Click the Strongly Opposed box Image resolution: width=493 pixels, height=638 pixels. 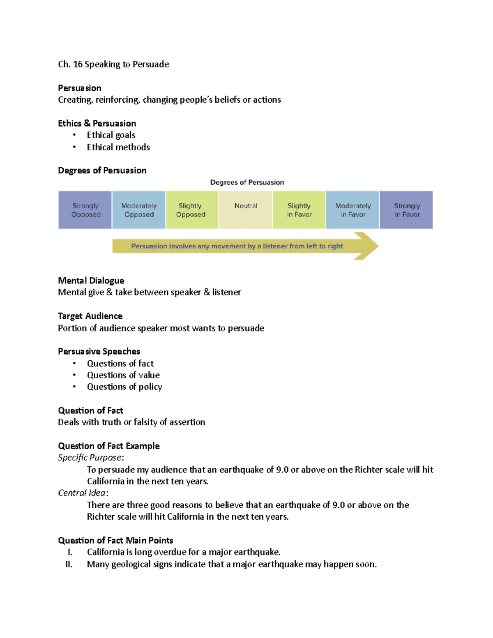tap(85, 210)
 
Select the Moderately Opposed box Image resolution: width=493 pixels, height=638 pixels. tap(139, 210)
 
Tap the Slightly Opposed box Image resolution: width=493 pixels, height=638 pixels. tap(192, 210)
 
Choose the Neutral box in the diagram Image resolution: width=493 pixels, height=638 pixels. tap(245, 210)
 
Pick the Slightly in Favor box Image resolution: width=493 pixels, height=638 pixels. tap(299, 210)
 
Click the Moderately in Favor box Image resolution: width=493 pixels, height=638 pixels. tap(352, 210)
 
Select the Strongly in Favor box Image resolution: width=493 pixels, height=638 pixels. tap(406, 210)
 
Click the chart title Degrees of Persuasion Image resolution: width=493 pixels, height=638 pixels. tap(247, 182)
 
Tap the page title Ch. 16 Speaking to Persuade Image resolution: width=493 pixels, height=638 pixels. tap(113, 64)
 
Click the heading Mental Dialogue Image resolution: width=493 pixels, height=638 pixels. tap(91, 281)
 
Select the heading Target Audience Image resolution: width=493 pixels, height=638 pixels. tap(90, 316)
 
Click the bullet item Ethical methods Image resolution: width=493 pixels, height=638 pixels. tap(118, 147)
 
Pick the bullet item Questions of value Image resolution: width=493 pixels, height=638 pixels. tap(123, 375)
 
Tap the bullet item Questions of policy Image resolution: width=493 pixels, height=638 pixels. tap(124, 387)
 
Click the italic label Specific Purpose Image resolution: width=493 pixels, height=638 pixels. tap(90, 458)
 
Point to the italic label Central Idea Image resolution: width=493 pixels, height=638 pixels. tap(82, 493)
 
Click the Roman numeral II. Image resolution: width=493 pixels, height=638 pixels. tap(69, 564)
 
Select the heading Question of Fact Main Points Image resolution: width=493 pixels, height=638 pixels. tap(115, 540)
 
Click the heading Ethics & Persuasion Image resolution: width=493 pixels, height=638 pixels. tap(97, 123)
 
